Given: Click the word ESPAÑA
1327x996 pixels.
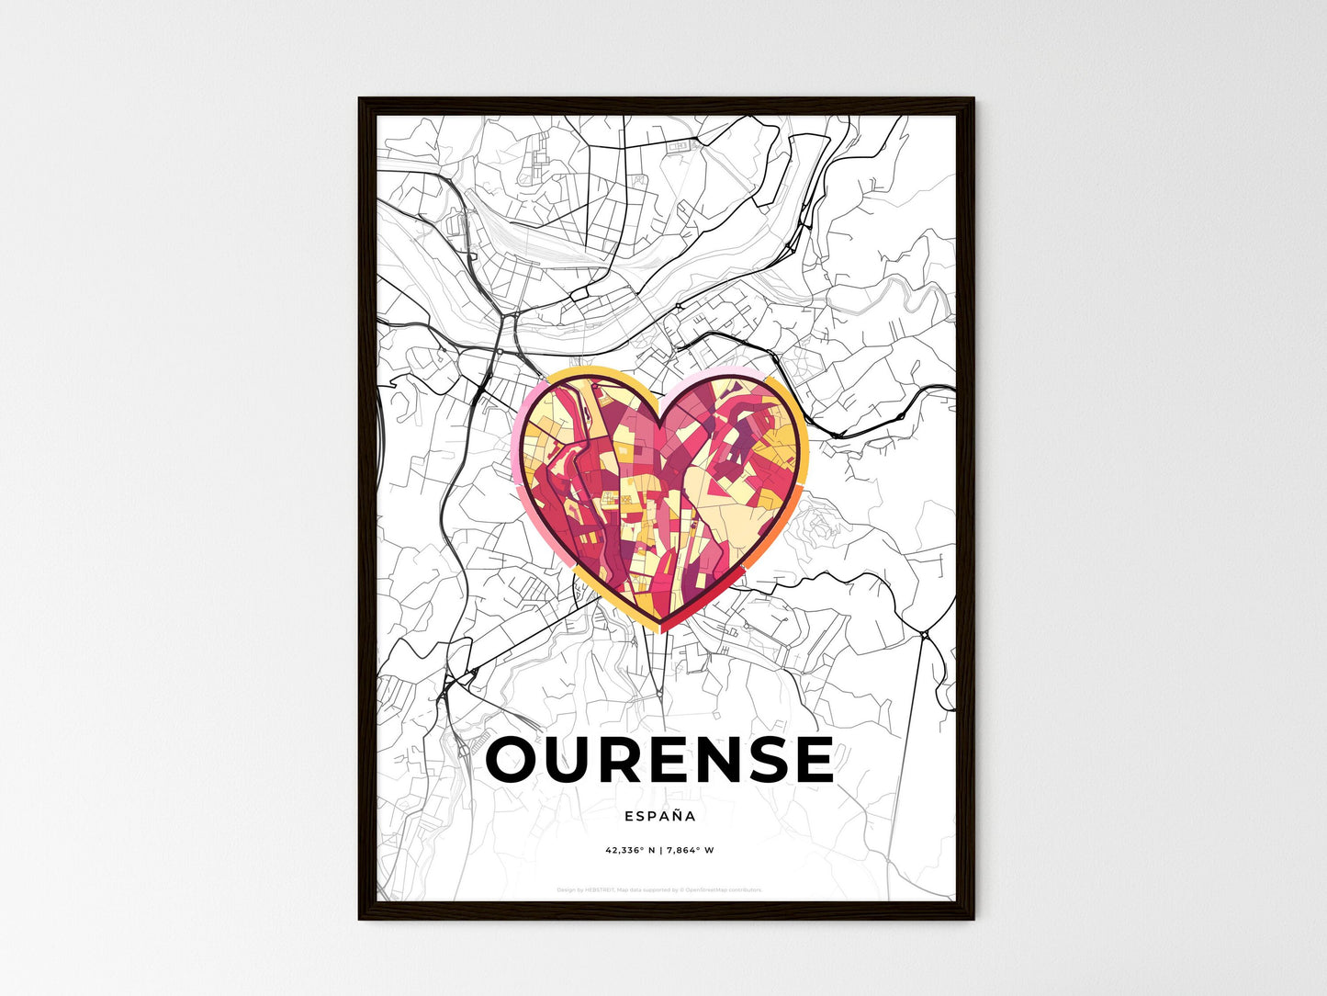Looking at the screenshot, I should coord(659,816).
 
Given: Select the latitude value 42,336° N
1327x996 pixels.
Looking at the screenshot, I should coord(629,850).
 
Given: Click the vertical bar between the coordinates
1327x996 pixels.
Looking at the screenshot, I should coord(658,850).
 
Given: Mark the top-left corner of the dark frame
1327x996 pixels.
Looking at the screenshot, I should coord(359,98).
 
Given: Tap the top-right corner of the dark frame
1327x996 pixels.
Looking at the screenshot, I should coord(973,98).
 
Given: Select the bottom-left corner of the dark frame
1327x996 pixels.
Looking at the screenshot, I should coord(359,919).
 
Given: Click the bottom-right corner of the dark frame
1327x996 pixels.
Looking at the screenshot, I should coord(973,919).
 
